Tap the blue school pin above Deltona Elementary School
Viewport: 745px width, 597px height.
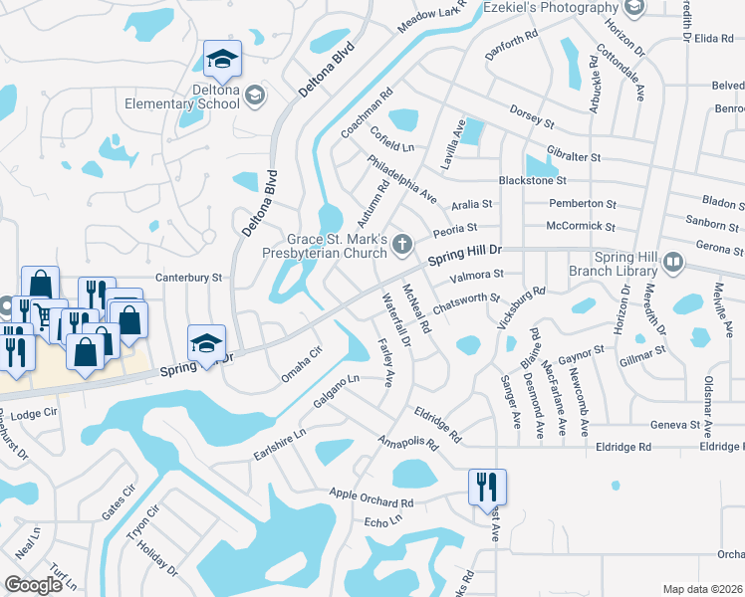pos(222,60)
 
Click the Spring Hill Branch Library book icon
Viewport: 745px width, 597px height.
pos(673,263)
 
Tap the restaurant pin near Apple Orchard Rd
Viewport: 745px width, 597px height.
pos(487,487)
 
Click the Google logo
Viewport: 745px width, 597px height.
pos(33,584)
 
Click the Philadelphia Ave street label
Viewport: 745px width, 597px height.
pos(401,179)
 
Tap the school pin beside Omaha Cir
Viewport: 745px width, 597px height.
pos(206,344)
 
